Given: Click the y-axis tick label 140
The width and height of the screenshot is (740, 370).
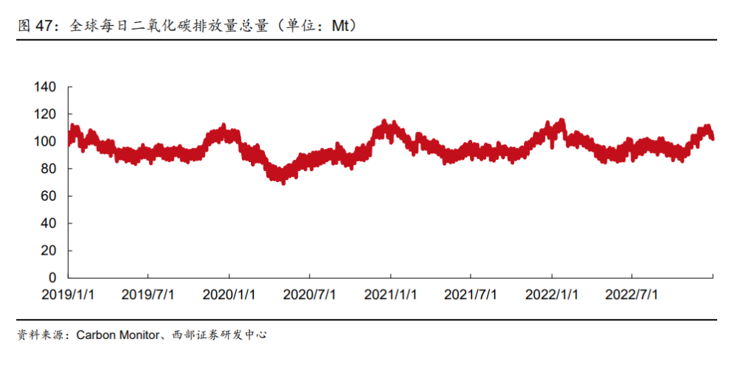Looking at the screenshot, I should click(45, 87).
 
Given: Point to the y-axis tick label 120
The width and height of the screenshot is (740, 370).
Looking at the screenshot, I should click(45, 115).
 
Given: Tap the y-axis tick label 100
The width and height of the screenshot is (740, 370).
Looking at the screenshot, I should click(45, 141).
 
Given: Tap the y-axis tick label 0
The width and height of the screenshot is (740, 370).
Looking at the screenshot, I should click(53, 278).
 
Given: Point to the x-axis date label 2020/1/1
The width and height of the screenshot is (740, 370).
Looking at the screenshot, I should click(229, 295).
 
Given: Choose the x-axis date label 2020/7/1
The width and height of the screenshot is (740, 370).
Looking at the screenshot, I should click(309, 295).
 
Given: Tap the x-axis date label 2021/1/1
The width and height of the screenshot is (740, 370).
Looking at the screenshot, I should click(391, 295).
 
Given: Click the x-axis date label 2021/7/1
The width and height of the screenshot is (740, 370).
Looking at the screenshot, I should click(471, 295).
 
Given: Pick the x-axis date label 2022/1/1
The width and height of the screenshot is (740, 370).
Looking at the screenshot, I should click(552, 295).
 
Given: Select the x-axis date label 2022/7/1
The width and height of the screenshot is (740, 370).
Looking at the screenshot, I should click(632, 295).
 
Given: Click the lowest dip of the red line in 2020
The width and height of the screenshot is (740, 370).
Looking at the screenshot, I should click(283, 181).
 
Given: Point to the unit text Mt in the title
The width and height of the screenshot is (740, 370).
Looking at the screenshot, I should click(340, 26).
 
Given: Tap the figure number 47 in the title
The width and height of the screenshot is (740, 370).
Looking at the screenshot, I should click(44, 26).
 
